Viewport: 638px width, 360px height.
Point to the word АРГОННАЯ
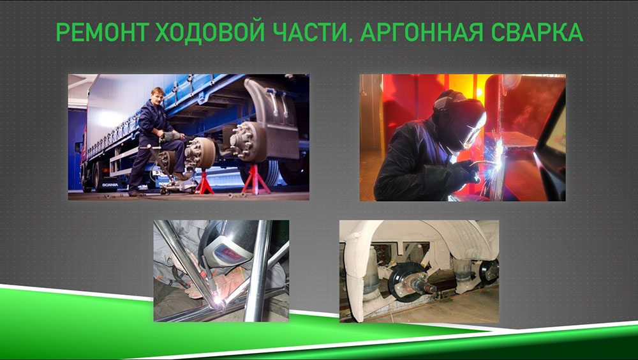pos(422,32)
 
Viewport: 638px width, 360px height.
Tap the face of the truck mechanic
pos(158,97)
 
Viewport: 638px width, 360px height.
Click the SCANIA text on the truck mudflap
pos(110,185)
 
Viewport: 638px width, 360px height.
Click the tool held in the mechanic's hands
pos(173,137)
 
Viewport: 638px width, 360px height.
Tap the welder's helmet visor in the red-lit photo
pos(475,130)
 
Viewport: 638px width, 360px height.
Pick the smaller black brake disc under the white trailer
pos(489,272)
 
